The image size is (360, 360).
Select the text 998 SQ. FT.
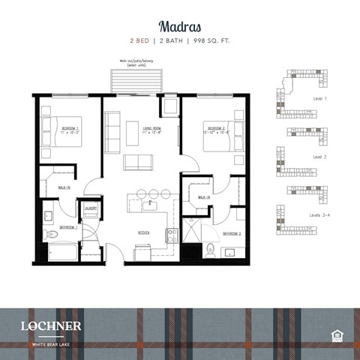222,43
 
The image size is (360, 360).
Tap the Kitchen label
143,233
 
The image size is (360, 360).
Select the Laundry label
91,209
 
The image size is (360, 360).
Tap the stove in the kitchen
172,235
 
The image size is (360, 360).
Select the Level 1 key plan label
320,98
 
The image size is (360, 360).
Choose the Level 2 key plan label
320,157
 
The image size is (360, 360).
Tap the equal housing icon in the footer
336,332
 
